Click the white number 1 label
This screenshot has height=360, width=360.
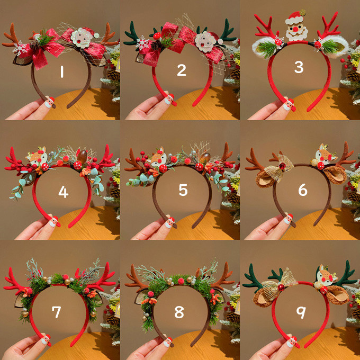click(62, 71)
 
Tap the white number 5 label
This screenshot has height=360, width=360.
click(183, 190)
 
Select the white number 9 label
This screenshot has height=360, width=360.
click(301, 312)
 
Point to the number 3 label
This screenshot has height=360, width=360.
click(299, 67)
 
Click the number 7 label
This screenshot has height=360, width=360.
click(56, 312)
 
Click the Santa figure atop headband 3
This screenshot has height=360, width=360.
click(296, 26)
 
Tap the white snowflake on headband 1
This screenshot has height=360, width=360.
click(19, 48)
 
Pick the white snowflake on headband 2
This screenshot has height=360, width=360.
click(142, 43)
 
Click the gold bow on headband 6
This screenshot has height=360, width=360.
click(279, 168)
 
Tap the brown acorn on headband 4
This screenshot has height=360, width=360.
click(82, 156)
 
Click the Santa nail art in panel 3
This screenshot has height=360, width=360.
click(289, 105)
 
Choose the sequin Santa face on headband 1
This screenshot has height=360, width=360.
click(82, 38)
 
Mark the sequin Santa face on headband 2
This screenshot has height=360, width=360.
click(206, 41)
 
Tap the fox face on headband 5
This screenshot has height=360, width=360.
click(159, 157)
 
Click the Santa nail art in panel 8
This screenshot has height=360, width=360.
click(168, 342)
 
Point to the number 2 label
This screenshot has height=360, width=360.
click(182, 70)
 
